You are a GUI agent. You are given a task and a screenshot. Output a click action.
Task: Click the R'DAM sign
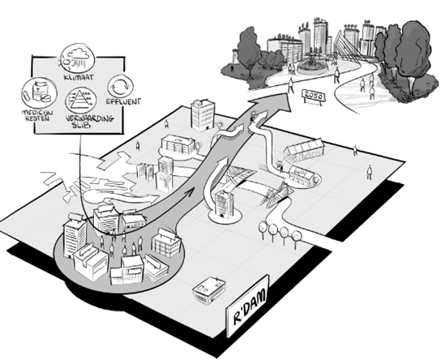247,306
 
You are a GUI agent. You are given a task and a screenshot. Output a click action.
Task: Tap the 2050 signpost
313,96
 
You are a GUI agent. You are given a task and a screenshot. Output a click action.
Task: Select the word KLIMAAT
79,77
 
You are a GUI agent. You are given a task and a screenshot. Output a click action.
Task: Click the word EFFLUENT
123,101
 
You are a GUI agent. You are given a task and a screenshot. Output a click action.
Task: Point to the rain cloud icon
78,58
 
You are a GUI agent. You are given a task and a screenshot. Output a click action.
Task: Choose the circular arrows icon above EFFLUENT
121,86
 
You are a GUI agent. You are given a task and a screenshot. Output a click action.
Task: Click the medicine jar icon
39,92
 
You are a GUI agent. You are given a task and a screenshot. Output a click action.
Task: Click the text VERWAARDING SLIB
90,122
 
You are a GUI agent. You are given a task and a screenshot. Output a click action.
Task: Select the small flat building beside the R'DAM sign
209,290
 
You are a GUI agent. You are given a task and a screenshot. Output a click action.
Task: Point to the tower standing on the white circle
224,204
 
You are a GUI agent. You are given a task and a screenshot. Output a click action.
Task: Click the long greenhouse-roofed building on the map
304,152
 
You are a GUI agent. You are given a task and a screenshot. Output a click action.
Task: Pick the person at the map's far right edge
370,172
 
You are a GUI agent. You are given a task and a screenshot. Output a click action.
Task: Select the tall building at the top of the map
203,115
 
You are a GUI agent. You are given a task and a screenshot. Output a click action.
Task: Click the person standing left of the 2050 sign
291,85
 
